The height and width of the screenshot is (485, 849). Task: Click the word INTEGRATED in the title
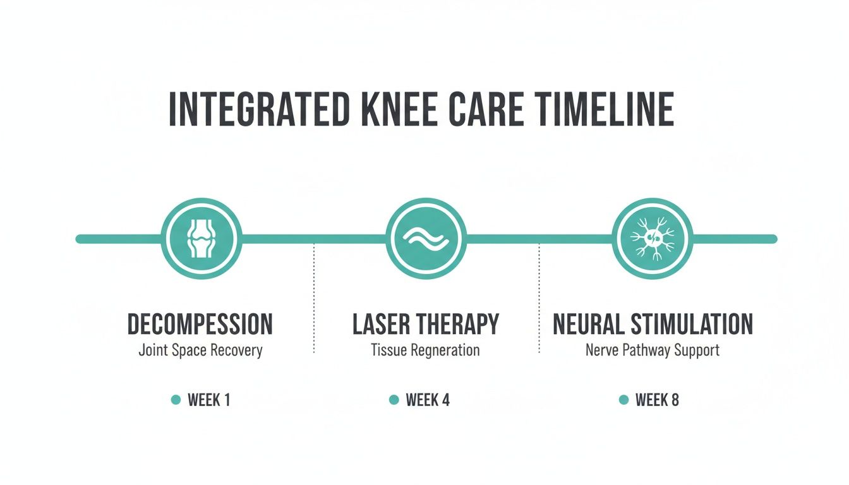[259, 110]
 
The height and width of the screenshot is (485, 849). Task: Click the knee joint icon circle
[201, 238]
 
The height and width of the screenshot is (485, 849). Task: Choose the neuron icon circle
[652, 238]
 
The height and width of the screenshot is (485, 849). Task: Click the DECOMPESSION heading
[200, 324]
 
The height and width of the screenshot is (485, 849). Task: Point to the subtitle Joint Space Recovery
[200, 350]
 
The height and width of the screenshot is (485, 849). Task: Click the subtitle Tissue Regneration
[425, 350]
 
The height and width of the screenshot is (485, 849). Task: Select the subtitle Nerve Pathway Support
[653, 350]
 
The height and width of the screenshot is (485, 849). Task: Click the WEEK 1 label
[209, 400]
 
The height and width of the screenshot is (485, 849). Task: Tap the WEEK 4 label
[428, 400]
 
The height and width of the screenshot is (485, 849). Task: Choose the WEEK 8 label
[657, 400]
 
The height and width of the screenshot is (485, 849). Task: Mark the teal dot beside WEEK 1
[176, 400]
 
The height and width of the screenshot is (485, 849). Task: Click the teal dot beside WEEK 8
[624, 400]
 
